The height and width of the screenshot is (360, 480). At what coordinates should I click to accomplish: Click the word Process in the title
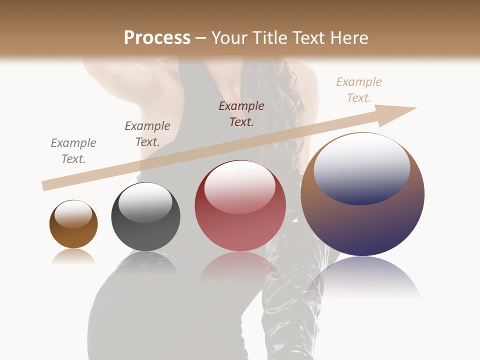tap(157, 38)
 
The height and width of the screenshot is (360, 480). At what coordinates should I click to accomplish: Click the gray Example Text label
tap(73, 151)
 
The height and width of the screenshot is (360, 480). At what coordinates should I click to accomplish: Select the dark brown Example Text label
tap(241, 114)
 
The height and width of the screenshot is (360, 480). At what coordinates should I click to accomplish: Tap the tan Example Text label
tap(359, 90)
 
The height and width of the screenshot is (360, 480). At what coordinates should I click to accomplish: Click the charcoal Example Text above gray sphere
tap(147, 134)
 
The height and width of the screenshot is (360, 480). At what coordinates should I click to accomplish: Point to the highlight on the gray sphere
tap(145, 202)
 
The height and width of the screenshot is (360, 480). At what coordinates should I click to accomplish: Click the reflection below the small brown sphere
tap(73, 256)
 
